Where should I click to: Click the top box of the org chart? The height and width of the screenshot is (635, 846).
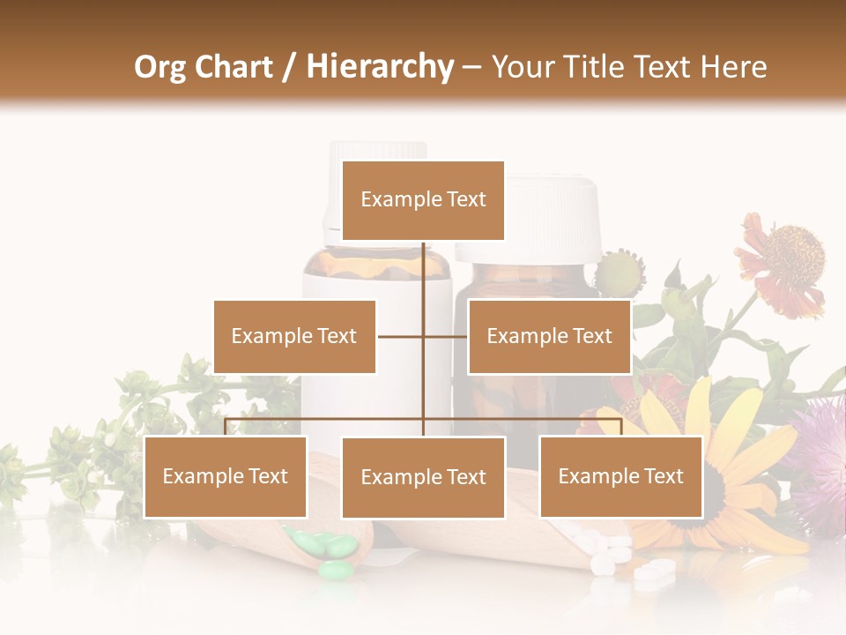coord(423,200)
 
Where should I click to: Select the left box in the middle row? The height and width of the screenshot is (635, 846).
coord(294,336)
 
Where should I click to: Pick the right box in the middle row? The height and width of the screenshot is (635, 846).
coord(549,336)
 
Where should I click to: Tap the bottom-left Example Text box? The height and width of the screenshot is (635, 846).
coord(225,476)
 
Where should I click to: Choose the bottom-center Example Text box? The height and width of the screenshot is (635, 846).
coord(423,477)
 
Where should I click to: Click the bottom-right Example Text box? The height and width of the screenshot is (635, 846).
coord(620,476)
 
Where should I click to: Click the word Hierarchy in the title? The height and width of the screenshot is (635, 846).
coord(380,66)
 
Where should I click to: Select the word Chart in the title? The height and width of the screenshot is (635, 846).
coord(238,66)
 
